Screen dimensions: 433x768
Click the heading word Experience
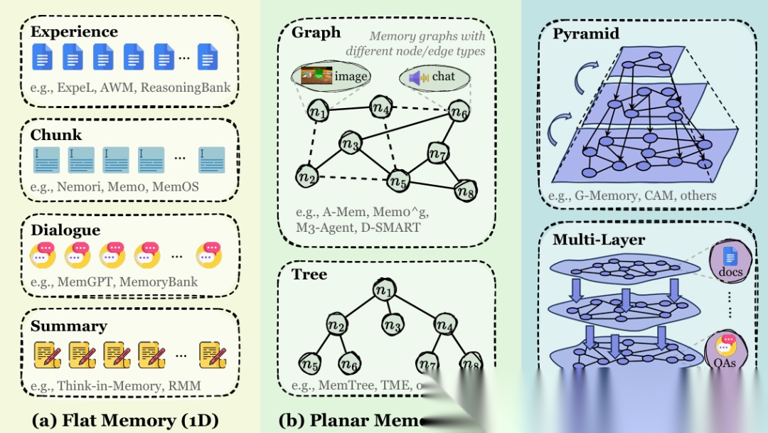[x=74, y=32]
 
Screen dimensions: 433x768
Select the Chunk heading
[x=56, y=135]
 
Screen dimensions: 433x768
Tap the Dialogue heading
[x=65, y=230]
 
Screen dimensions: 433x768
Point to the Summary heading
[x=68, y=326]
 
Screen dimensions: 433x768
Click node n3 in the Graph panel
[x=349, y=144]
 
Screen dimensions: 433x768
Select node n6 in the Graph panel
[x=459, y=112]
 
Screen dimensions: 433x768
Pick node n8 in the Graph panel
[x=465, y=190]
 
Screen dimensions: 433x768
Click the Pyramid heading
[x=586, y=34]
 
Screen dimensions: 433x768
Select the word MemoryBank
[x=159, y=282]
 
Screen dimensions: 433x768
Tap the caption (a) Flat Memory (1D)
[x=125, y=419]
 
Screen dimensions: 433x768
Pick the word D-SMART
[x=390, y=228]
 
